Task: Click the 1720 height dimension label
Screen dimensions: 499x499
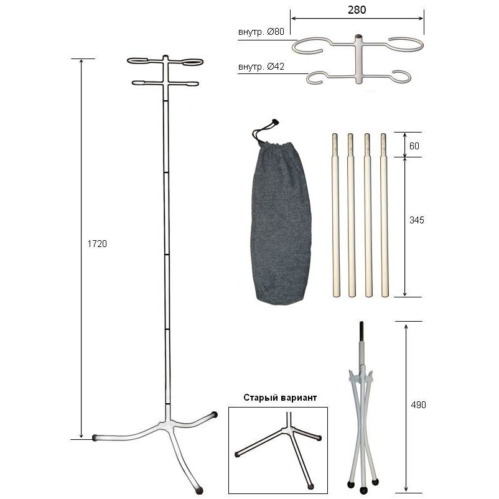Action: click(97, 244)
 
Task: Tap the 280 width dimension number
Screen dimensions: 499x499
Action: click(357, 10)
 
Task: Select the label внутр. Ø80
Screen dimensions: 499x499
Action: click(261, 32)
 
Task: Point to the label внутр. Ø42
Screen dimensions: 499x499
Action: click(261, 67)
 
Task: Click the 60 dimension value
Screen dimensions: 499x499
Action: click(414, 146)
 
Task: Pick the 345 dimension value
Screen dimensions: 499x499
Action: click(417, 220)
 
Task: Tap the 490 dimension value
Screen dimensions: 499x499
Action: click(418, 405)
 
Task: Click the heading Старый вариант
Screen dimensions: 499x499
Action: click(280, 398)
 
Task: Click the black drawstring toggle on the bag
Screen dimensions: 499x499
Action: click(275, 121)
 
